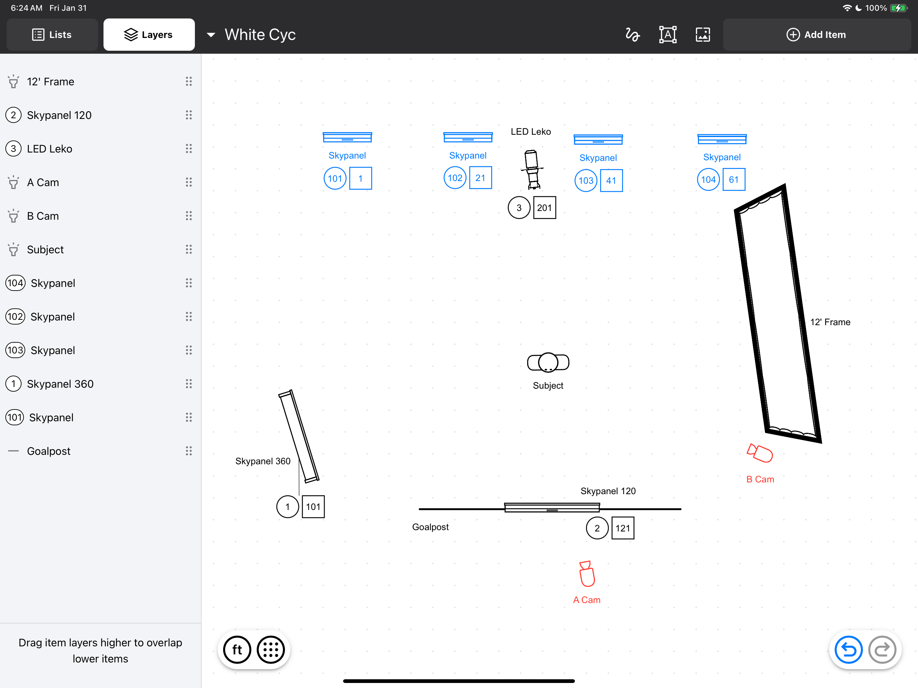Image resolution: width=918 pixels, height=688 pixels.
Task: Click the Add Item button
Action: pos(816,35)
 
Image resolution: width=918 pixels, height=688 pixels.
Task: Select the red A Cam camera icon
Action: pos(587,574)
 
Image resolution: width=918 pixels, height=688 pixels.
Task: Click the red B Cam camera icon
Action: pos(759,453)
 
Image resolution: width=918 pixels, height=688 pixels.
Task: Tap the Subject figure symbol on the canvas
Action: pos(548,362)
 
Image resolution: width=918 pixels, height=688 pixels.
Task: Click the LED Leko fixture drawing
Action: pos(532,169)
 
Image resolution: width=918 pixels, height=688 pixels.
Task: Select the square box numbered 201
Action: pos(544,208)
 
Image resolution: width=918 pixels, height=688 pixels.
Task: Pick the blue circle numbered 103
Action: pos(586,180)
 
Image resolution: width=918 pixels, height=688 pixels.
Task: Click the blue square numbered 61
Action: pos(734,179)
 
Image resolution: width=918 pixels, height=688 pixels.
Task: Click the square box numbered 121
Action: pos(623,528)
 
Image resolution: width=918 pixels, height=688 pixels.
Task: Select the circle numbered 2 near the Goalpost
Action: pos(597,528)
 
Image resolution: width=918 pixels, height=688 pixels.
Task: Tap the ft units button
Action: pos(237,650)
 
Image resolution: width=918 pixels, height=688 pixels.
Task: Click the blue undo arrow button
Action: pos(848,650)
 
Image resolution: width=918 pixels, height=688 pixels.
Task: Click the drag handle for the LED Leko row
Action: pos(189,148)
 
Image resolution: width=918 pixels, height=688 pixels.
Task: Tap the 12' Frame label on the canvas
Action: pos(830,322)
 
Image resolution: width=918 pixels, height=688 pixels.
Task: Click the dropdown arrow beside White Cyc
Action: pos(211,35)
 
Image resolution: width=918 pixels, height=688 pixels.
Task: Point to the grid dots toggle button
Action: pos(270,650)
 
